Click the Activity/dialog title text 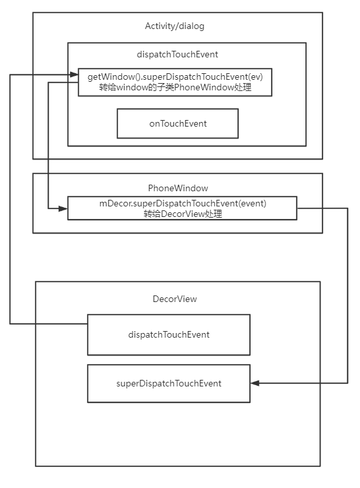point(175,26)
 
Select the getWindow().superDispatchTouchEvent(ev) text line point(175,76)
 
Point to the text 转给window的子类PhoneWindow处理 point(175,87)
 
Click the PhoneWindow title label point(178,188)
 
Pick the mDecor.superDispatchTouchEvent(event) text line point(183,204)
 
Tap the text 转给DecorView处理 point(183,214)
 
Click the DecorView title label point(175,299)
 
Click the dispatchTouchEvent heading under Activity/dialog point(177,55)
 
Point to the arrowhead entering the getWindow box point(74,75)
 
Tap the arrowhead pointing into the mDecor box point(63,208)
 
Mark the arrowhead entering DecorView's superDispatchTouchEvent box point(255,383)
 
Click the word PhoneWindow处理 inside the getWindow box point(212,87)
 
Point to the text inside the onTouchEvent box point(178,123)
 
